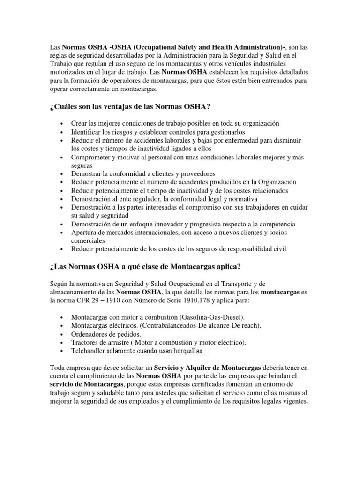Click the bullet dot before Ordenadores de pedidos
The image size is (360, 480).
[62, 334]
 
